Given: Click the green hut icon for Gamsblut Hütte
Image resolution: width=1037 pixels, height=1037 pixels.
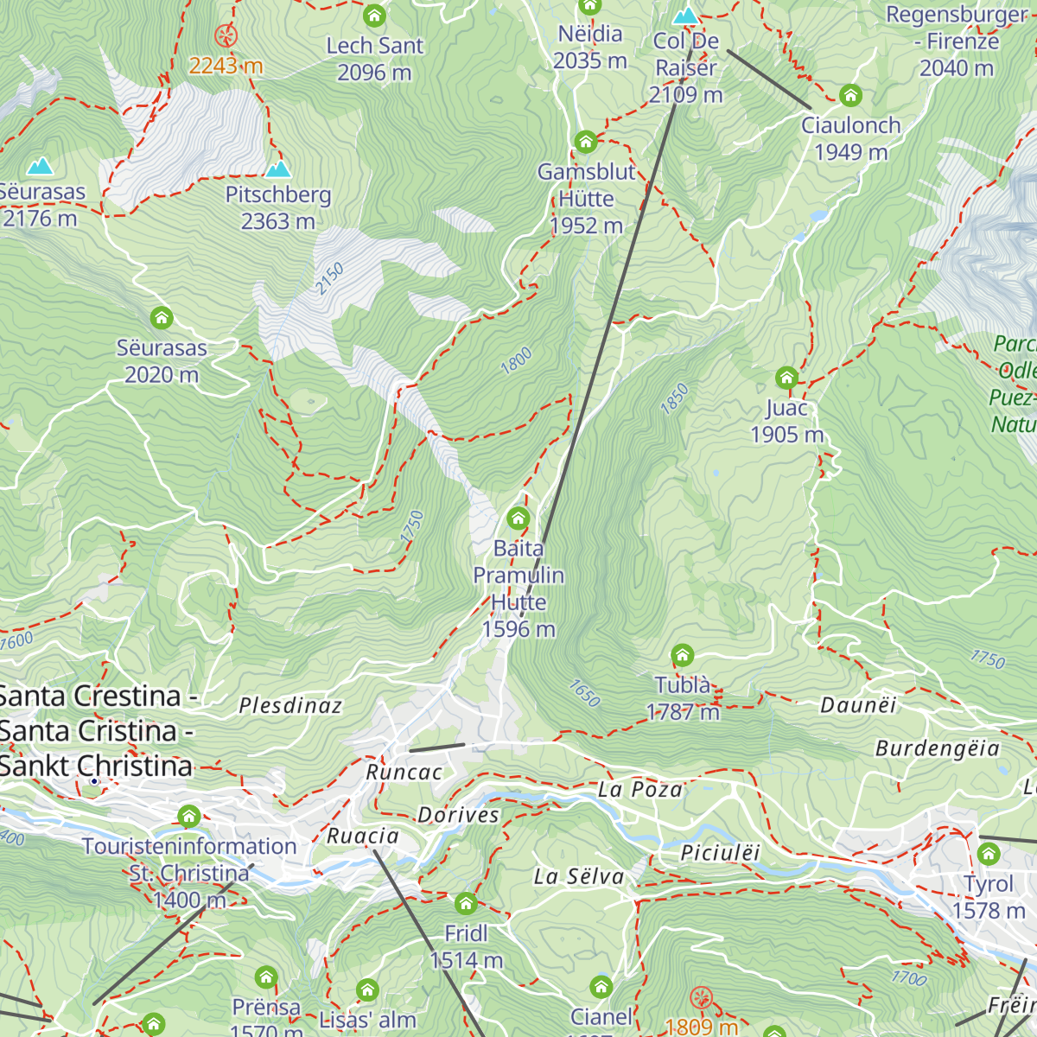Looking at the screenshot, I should [586, 141].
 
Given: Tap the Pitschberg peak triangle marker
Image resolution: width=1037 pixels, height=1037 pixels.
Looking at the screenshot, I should [278, 169].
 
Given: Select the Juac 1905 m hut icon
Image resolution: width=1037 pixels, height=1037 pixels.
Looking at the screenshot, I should [786, 378].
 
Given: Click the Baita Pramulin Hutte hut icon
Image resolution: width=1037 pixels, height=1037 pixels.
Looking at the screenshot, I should [518, 518].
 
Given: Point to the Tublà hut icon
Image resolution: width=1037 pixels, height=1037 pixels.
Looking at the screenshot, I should [683, 654].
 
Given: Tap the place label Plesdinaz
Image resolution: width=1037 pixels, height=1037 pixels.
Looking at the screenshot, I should [290, 706].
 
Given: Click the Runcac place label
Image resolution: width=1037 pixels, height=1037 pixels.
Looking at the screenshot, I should [404, 773].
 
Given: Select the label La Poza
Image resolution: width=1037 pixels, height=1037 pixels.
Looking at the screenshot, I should [639, 790].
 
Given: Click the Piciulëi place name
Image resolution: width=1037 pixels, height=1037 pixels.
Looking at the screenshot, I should [720, 854].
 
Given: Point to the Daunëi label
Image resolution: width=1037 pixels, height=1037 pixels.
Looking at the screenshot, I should [858, 706].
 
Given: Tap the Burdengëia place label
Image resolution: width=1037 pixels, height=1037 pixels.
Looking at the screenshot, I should [938, 748].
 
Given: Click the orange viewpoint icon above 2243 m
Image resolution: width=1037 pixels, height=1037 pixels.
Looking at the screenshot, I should [226, 35].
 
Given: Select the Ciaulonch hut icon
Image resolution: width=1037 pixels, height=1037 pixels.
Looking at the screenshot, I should [850, 95].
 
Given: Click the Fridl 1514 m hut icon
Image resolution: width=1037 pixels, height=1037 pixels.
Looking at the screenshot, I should [466, 904].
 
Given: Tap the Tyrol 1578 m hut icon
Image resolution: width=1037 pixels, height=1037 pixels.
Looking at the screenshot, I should [989, 855].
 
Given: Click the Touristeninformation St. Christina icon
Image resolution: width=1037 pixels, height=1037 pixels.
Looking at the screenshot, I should [189, 816].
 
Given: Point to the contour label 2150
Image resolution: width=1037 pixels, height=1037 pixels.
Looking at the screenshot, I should [329, 279].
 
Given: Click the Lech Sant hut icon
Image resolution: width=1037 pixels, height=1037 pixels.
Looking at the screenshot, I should [374, 16].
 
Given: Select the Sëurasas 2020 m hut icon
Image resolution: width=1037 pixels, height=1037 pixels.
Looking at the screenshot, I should [162, 318].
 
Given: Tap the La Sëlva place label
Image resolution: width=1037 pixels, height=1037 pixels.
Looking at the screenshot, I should [578, 877].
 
